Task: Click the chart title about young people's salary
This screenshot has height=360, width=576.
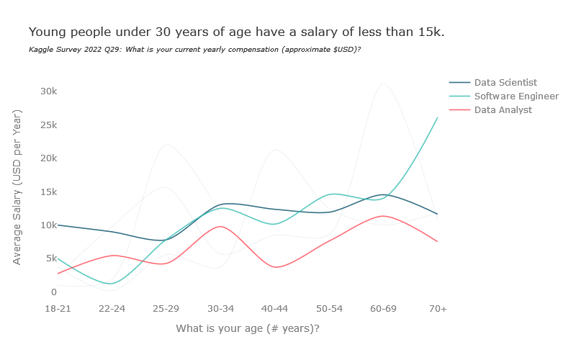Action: (236, 32)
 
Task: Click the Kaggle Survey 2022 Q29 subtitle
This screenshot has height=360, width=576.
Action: (194, 50)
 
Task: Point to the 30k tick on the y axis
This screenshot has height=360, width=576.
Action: (48, 91)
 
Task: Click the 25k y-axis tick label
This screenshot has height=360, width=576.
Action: (48, 125)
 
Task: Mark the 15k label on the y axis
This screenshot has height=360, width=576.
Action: (48, 192)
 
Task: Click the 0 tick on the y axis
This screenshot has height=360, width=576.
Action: (53, 292)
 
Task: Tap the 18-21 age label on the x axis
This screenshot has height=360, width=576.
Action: (58, 308)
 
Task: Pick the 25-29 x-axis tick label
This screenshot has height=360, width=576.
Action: (166, 308)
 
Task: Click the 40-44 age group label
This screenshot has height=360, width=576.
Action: (275, 308)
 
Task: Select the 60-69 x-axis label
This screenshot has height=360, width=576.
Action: (384, 308)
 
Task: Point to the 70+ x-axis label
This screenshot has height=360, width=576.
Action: (438, 308)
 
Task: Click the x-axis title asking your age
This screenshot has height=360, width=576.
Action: (248, 328)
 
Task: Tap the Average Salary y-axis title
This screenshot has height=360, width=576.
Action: (17, 187)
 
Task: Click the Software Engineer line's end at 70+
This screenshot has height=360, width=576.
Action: (437, 118)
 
